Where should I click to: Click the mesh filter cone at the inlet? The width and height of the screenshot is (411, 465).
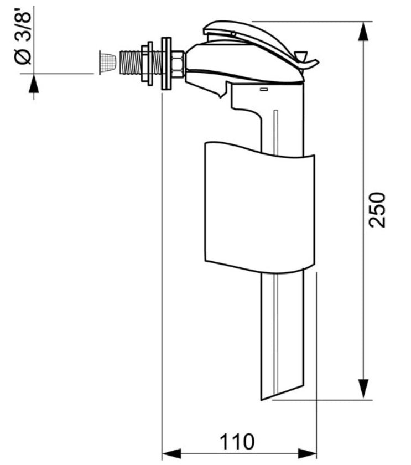(107, 63)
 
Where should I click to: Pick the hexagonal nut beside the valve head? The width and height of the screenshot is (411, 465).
(178, 63)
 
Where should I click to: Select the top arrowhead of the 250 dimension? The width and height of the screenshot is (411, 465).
(363, 33)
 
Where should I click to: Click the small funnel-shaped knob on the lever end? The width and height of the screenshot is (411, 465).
(301, 57)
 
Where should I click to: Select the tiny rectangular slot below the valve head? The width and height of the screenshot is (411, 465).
(264, 89)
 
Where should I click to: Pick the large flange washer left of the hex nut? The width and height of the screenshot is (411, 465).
(165, 63)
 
